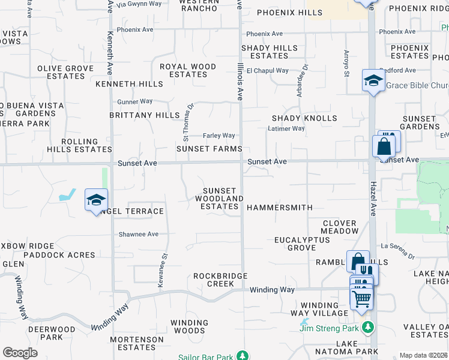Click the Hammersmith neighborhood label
tap(280, 208)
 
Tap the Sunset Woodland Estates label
tap(222, 199)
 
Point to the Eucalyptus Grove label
tap(302, 244)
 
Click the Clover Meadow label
tap(339, 227)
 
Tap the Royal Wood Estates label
tap(188, 70)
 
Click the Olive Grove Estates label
tap(65, 73)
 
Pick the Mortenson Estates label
tap(137, 343)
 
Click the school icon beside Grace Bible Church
tap(373, 81)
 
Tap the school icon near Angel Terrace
tap(96, 200)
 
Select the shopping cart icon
tap(361, 298)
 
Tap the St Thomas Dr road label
tap(187, 119)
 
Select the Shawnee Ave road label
tap(139, 235)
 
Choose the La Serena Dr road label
tap(398, 250)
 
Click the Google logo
tap(20, 353)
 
